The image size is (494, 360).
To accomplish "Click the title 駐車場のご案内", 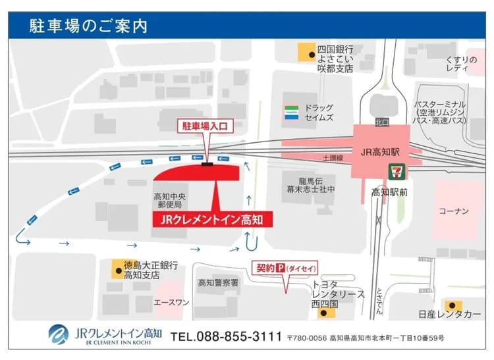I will point(88,26).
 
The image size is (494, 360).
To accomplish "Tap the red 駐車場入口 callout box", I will point(208,125).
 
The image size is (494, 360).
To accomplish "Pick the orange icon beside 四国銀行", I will point(305,53).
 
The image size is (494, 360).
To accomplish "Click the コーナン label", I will point(454,211).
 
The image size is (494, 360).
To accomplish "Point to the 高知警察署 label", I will point(218,282).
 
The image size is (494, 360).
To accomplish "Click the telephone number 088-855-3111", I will point(226,336).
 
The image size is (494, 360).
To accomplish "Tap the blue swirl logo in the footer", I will point(59,334).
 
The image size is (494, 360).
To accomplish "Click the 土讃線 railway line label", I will point(333,159).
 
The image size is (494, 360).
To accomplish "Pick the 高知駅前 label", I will point(390,193).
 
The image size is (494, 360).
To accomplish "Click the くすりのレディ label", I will point(460,64).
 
